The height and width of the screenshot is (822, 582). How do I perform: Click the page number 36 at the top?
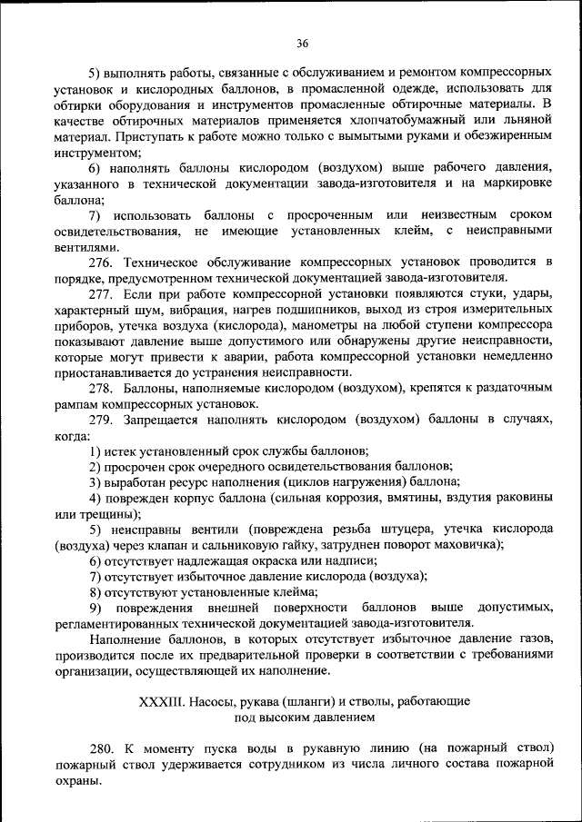click(302, 43)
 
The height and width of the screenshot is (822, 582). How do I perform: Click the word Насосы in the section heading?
click(220, 701)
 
